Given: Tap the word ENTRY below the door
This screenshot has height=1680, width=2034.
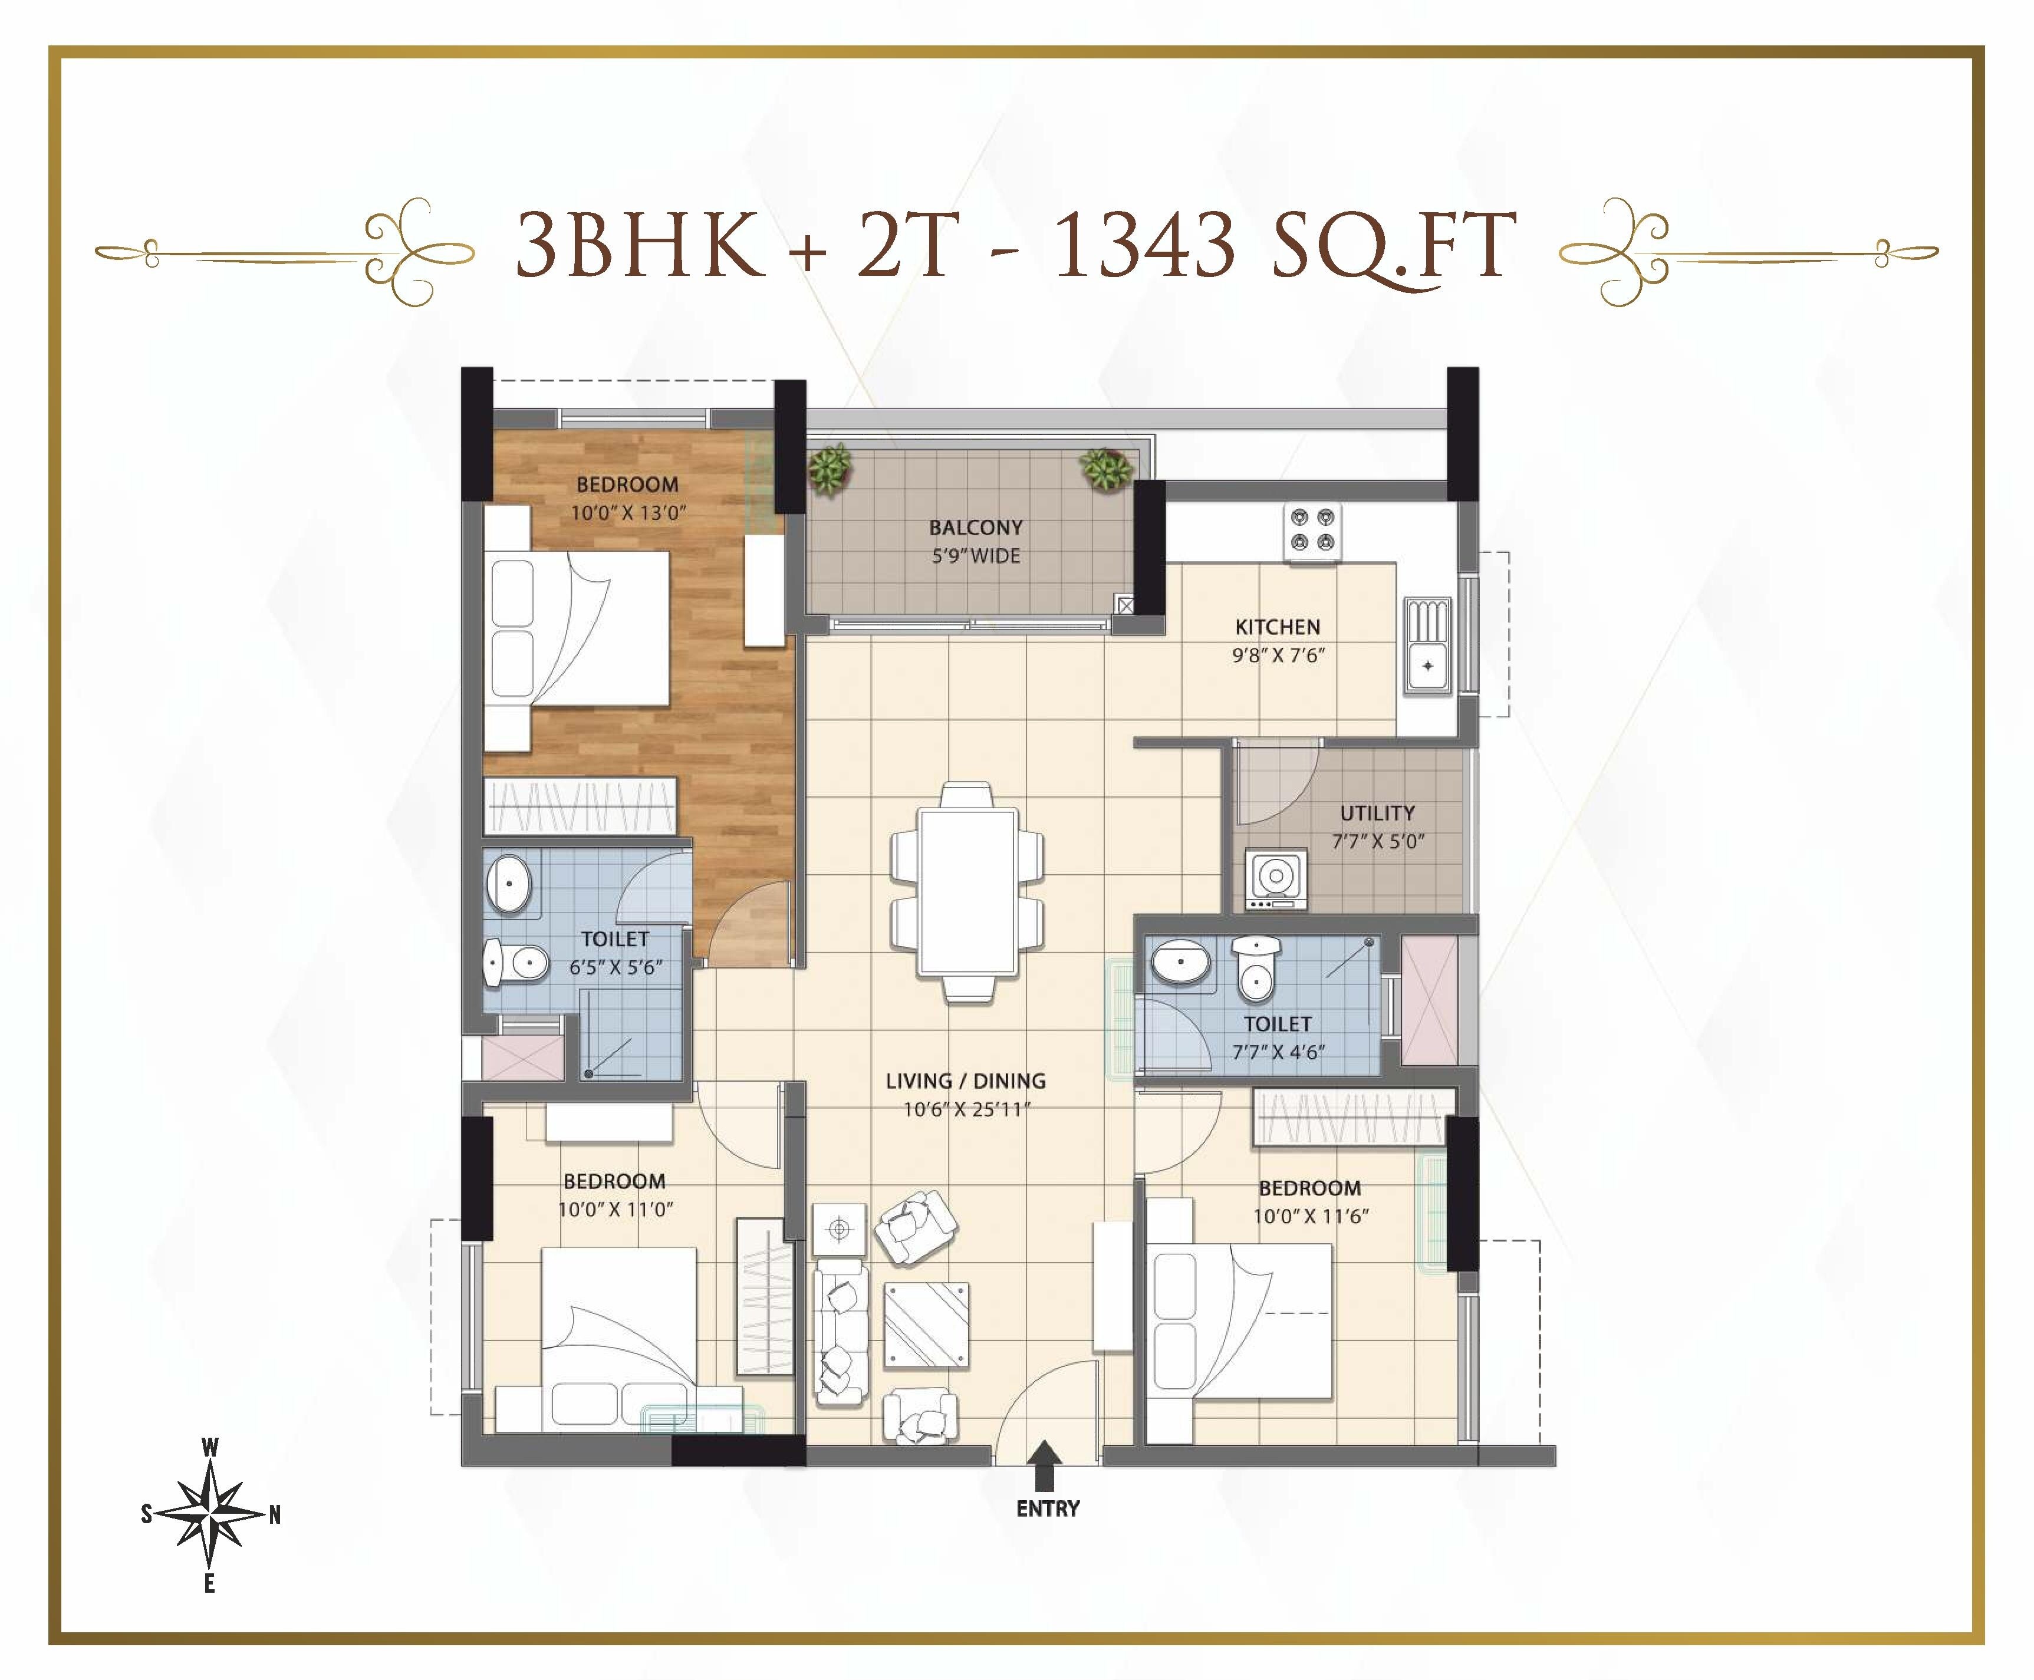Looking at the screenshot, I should coord(1047,1508).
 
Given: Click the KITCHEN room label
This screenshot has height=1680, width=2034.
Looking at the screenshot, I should coord(1278,626).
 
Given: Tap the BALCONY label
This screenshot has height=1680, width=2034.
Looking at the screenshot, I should coord(975,528).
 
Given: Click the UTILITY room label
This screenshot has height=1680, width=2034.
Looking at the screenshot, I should coord(1377,813).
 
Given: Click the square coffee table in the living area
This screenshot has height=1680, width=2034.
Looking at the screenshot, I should coord(926,1325).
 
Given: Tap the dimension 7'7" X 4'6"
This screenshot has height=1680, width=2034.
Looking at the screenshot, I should coord(1278,1052).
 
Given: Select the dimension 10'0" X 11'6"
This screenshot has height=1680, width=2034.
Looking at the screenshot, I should coord(1310,1217).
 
